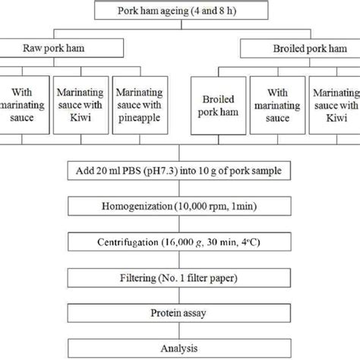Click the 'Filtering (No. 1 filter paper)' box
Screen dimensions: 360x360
(x=180, y=277)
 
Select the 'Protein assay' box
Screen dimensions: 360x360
(x=180, y=313)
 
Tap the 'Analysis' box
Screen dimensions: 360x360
(x=180, y=348)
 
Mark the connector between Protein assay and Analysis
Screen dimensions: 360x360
(x=180, y=330)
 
